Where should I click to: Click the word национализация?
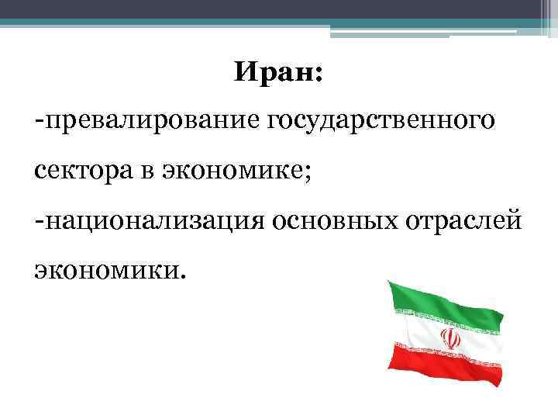[154, 222]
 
